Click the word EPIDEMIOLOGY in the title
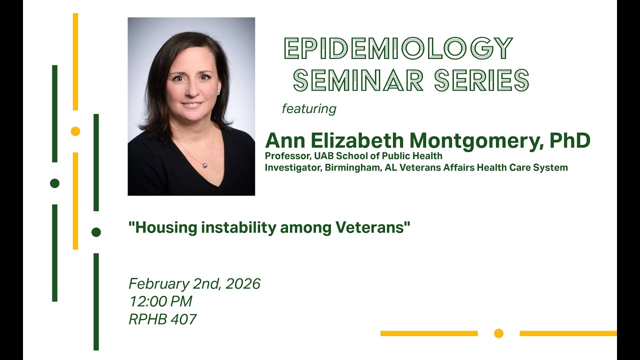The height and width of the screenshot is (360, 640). pyautogui.click(x=398, y=48)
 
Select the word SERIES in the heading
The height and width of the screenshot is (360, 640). pyautogui.click(x=481, y=80)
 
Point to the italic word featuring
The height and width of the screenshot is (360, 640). pyautogui.click(x=309, y=108)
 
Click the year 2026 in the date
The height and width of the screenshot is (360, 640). pyautogui.click(x=243, y=284)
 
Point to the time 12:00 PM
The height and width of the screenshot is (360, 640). pyautogui.click(x=160, y=301)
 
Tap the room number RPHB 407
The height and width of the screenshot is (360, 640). pyautogui.click(x=162, y=319)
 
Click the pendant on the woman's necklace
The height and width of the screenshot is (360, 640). pyautogui.click(x=204, y=164)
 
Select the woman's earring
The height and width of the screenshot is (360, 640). pyautogui.click(x=219, y=92)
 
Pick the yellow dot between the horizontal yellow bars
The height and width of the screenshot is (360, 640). pyautogui.click(x=498, y=333)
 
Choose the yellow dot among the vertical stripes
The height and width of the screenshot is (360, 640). pyautogui.click(x=75, y=131)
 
